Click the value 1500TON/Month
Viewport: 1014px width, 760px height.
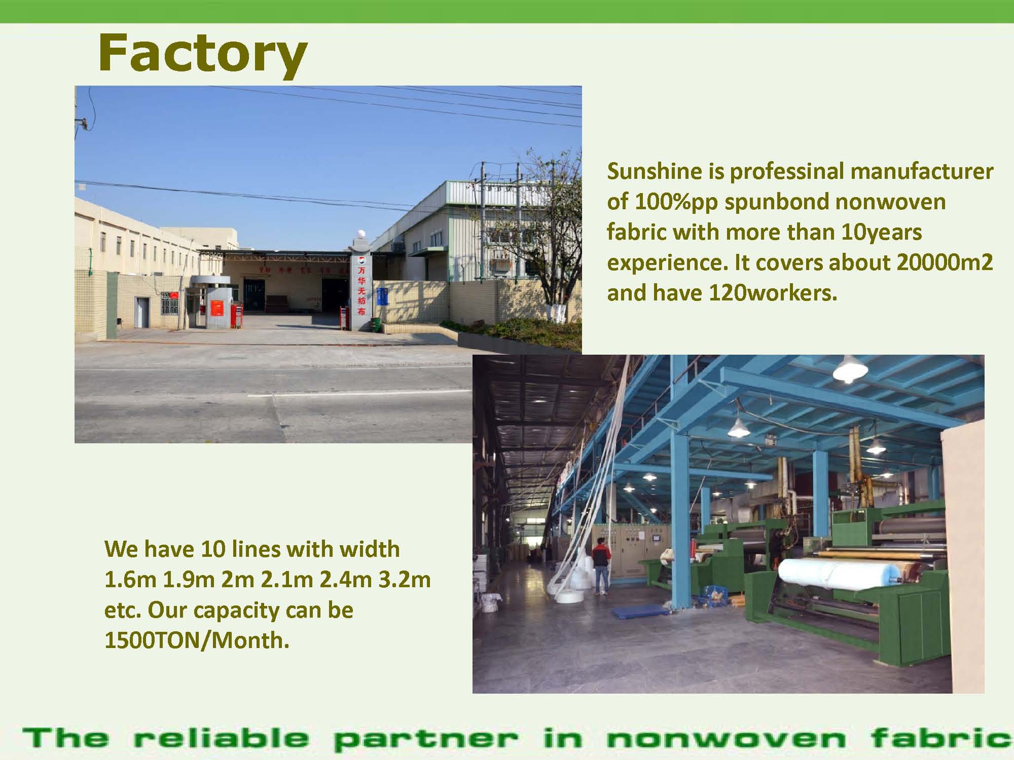click(x=197, y=640)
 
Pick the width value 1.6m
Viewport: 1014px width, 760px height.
click(x=130, y=580)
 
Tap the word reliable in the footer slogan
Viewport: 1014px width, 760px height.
click(x=221, y=738)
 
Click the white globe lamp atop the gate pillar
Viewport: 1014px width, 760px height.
click(x=359, y=234)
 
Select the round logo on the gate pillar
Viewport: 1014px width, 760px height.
click(x=360, y=260)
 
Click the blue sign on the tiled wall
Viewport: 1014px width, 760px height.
click(x=382, y=296)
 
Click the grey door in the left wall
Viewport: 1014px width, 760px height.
click(x=142, y=312)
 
